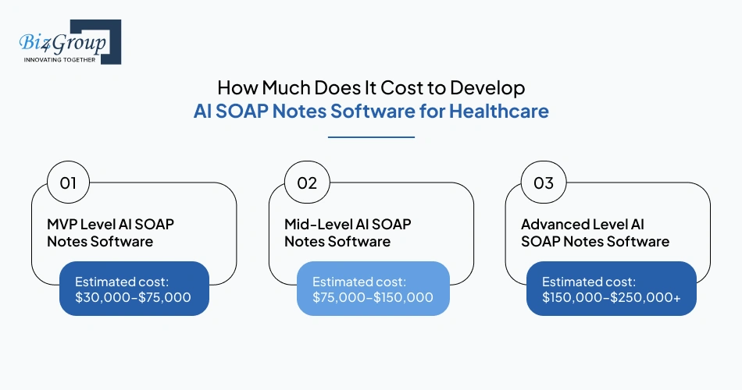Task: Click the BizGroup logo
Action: (66, 41)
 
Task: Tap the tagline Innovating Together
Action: (59, 59)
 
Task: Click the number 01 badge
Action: (68, 183)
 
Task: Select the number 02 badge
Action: (306, 183)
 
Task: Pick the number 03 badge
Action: (543, 183)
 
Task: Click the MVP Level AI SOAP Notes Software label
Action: (110, 232)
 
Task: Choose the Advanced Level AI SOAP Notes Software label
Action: (594, 232)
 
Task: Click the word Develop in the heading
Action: (491, 87)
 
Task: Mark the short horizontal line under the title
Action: (371, 137)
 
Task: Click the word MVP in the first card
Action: (62, 224)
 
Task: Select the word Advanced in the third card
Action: (555, 224)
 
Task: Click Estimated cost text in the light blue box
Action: (360, 281)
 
